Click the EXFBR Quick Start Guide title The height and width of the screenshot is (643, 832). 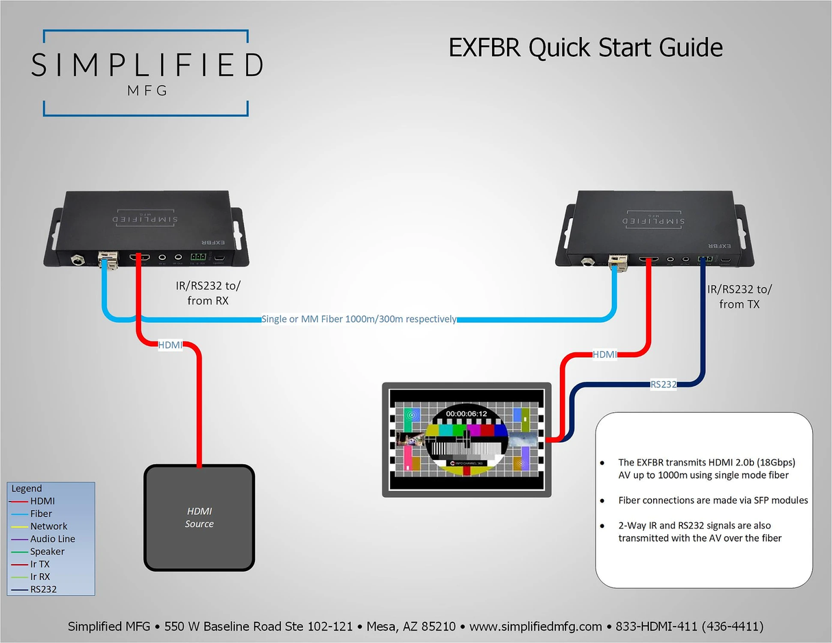[x=585, y=48]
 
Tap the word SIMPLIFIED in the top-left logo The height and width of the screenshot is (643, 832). [x=147, y=65]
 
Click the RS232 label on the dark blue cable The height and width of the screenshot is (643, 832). [x=663, y=385]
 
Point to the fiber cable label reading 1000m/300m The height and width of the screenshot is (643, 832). [x=359, y=319]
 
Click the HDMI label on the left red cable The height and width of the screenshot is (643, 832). [x=170, y=345]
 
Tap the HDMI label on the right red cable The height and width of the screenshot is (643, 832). [x=604, y=354]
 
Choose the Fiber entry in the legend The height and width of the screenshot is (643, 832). [x=41, y=513]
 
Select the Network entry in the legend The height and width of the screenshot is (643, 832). [x=49, y=526]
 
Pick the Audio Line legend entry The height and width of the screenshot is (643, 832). [x=53, y=539]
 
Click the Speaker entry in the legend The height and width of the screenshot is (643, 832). [x=47, y=552]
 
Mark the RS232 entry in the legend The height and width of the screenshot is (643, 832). [x=43, y=590]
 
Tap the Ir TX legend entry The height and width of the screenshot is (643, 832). [x=40, y=564]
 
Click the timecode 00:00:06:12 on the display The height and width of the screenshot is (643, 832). [x=466, y=414]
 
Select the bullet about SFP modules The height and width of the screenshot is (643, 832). [x=713, y=500]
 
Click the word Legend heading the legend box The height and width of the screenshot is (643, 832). [x=27, y=489]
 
